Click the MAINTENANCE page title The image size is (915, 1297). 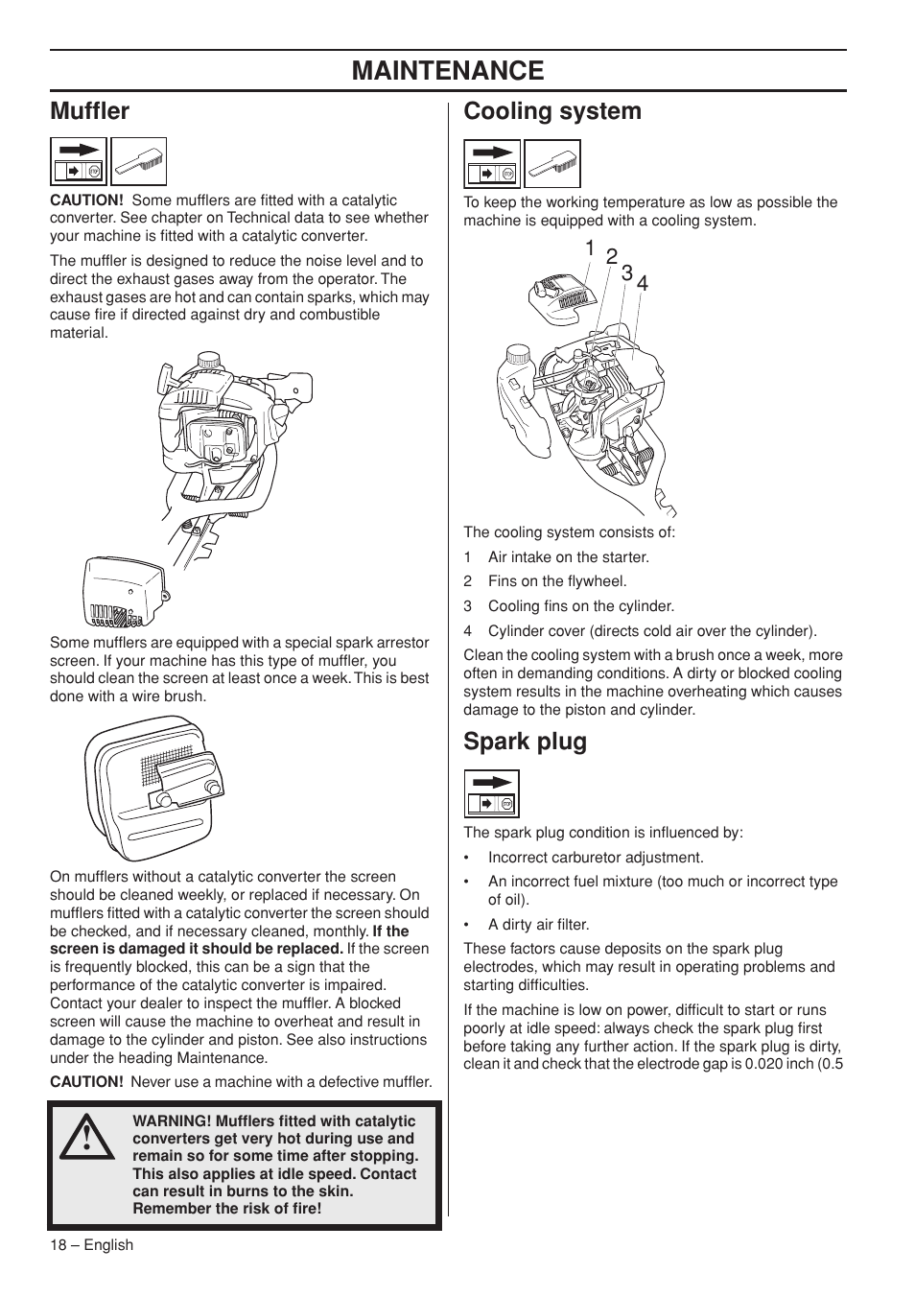448,70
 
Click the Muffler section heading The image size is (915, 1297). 89,111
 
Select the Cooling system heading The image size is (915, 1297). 552,111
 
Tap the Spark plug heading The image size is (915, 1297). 525,742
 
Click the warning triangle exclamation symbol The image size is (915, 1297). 84,1137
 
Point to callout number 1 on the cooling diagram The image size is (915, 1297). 590,248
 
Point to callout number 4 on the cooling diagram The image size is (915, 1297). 643,283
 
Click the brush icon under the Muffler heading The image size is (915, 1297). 138,161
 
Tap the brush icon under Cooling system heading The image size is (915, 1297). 552,163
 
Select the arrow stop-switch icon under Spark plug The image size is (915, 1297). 492,793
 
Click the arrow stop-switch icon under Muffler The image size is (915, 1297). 79,161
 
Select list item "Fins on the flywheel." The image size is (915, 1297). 556,581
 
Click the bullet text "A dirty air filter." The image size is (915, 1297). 538,925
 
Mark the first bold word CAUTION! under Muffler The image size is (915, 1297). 86,200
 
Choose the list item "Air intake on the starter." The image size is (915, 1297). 568,557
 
